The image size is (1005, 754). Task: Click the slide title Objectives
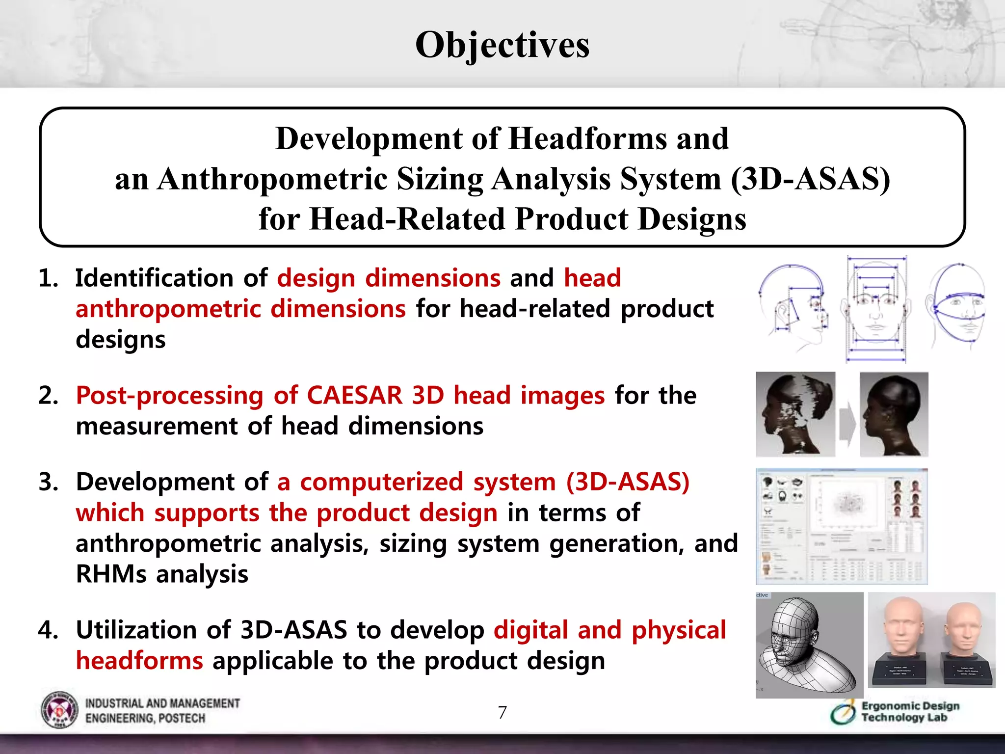(502, 45)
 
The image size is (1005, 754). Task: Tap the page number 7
(502, 712)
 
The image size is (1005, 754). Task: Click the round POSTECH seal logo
(59, 710)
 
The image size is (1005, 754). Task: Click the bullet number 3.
(48, 482)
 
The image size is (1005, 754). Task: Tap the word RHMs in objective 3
(111, 574)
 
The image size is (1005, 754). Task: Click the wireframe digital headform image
(809, 645)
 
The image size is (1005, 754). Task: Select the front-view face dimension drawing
(876, 309)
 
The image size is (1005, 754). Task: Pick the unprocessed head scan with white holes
(795, 414)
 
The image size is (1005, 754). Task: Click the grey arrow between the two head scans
(847, 422)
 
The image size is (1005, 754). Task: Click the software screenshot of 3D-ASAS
(841, 526)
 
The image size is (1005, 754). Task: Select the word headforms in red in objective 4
(139, 660)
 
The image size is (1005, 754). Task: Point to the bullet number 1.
(48, 278)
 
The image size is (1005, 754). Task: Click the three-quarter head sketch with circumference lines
(957, 307)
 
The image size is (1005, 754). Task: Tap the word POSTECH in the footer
(182, 718)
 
